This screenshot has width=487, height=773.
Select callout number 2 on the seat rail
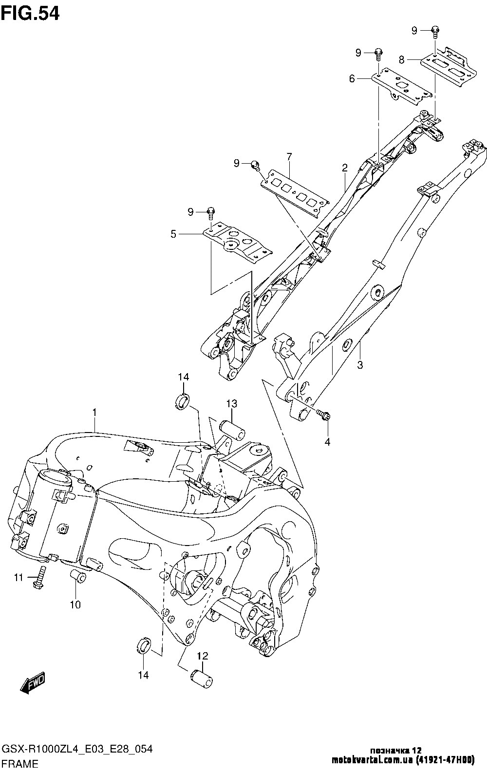pos(344,168)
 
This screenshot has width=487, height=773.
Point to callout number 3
pos(360,365)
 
